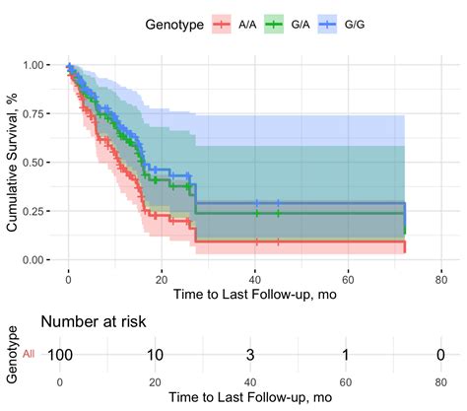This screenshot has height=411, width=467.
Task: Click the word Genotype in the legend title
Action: pyautogui.click(x=172, y=22)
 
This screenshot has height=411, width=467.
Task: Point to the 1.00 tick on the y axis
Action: pyautogui.click(x=33, y=65)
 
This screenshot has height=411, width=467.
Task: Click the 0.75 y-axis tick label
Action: pyautogui.click(x=33, y=113)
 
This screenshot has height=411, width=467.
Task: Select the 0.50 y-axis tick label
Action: pyautogui.click(x=33, y=162)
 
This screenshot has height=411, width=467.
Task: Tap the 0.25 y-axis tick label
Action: pyautogui.click(x=33, y=211)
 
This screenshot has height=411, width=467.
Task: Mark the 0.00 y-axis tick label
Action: pyautogui.click(x=33, y=259)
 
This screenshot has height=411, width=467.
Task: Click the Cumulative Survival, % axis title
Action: pyautogui.click(x=12, y=163)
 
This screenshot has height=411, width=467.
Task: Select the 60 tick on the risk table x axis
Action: pyautogui.click(x=346, y=381)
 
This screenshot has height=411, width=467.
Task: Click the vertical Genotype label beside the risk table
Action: pyautogui.click(x=10, y=353)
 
